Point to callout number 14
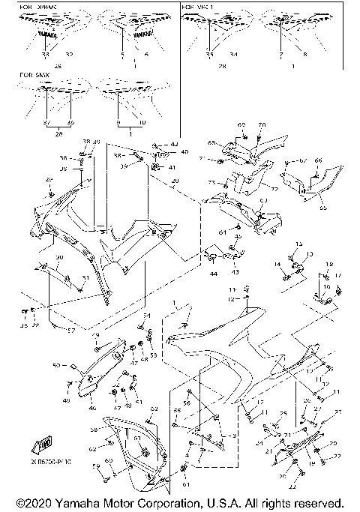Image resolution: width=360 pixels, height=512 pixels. [x=277, y=264]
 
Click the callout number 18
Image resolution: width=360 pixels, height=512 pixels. [x=328, y=265]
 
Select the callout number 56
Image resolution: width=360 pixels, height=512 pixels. [x=186, y=403]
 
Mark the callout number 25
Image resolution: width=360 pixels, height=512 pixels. [x=283, y=413]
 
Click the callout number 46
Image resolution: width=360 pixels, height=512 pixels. [x=92, y=409]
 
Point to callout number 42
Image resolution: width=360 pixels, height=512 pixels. [x=175, y=144]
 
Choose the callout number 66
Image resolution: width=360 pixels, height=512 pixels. [x=317, y=160]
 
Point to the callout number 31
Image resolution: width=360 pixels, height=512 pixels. [x=85, y=279]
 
